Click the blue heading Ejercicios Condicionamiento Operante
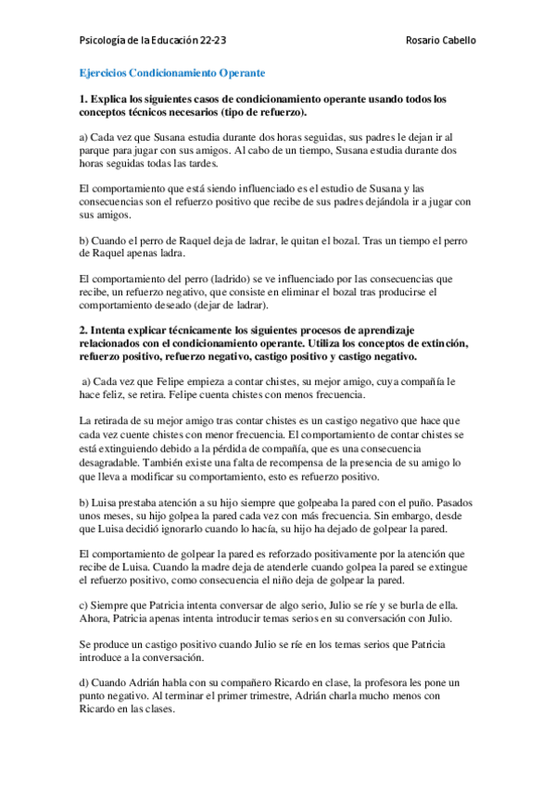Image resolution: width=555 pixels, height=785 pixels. [x=171, y=71]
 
